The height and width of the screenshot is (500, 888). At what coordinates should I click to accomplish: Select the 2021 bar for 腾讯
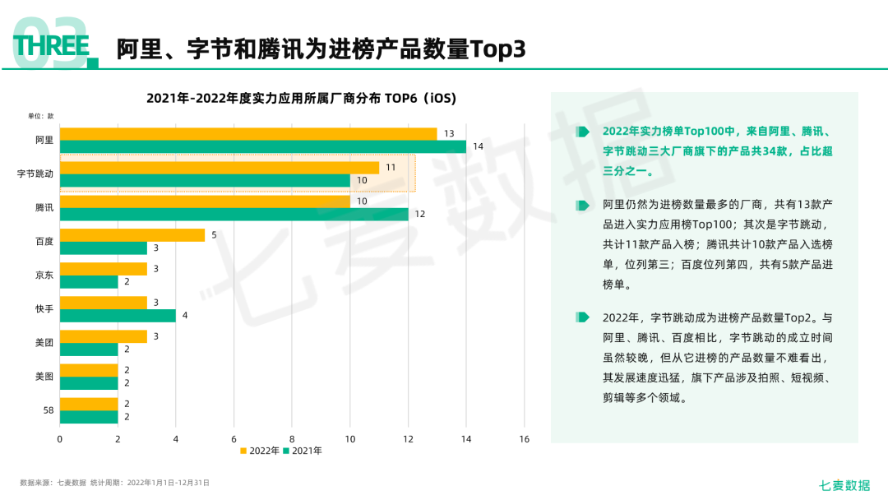(x=234, y=214)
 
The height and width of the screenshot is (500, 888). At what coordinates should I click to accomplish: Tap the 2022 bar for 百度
(x=132, y=235)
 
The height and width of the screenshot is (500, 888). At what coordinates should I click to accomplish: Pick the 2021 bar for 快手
(x=118, y=315)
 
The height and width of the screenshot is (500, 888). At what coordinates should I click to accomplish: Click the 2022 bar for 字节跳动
(x=220, y=168)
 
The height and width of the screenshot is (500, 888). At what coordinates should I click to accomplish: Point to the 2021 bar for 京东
(x=89, y=281)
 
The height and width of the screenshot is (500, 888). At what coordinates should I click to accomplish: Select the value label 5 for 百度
(x=214, y=235)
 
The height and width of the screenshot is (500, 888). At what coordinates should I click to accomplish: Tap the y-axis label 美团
(x=44, y=342)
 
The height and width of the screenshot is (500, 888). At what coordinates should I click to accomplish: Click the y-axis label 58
(x=48, y=410)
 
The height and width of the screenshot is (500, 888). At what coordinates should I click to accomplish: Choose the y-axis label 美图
(x=44, y=376)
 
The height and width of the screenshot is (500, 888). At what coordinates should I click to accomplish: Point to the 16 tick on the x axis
(x=525, y=439)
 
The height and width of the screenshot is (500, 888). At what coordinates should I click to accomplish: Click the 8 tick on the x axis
(x=292, y=439)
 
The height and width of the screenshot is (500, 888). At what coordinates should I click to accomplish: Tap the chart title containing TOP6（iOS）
(x=301, y=98)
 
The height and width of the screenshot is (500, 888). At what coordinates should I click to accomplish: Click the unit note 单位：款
(x=40, y=116)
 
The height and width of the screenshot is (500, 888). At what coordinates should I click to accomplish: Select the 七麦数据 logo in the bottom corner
(x=844, y=484)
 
